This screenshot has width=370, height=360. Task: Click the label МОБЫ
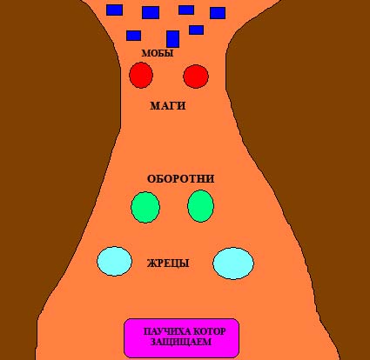[x=158, y=53]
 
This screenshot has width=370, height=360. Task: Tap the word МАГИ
[x=168, y=106]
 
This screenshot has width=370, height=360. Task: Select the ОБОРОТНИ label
[x=180, y=179]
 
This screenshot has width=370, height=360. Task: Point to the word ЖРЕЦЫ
[x=168, y=263]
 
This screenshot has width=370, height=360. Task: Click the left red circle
[x=141, y=75]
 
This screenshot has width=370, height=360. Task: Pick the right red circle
[x=196, y=77]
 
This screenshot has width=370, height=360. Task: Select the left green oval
[x=145, y=207]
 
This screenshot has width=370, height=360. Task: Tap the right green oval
[x=200, y=206]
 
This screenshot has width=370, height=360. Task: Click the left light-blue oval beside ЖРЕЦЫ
[x=114, y=261]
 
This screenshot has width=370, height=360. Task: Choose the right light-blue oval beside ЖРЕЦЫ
[x=233, y=263]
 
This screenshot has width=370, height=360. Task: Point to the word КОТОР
[x=209, y=331]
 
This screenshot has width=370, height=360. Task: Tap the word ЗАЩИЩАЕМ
[x=181, y=342]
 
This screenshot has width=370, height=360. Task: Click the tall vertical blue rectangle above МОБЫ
[x=173, y=39]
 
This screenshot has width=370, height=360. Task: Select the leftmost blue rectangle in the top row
[x=114, y=10]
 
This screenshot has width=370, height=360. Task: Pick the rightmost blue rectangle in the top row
[x=218, y=13]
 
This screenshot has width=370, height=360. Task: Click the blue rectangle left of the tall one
[x=134, y=36]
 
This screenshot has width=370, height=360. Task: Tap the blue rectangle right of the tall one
[x=196, y=30]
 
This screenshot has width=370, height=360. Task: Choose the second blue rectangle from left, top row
[x=151, y=12]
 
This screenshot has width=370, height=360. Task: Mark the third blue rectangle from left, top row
[x=186, y=10]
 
